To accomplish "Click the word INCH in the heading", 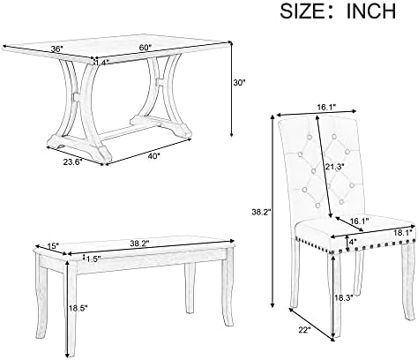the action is [371, 11].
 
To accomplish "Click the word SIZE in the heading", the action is [304, 11].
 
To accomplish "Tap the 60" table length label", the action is [146, 47].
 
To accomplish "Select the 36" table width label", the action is [57, 49].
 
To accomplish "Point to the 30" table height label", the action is [239, 83].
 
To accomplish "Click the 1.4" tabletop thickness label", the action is [102, 62].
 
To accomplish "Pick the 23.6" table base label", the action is [72, 161].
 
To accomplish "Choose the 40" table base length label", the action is [154, 156].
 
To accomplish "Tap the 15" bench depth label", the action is [54, 246].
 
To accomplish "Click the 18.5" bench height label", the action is [78, 308].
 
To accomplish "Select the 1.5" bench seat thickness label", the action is [93, 259].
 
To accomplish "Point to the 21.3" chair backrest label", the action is [334, 167].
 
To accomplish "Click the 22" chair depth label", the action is [304, 330].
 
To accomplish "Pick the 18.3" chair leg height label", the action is [344, 297].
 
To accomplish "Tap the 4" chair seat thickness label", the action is [352, 243].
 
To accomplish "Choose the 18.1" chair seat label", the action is [403, 233].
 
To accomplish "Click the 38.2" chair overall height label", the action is [261, 212].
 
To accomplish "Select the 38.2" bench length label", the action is [139, 243].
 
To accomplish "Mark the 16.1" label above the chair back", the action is [326, 108].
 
